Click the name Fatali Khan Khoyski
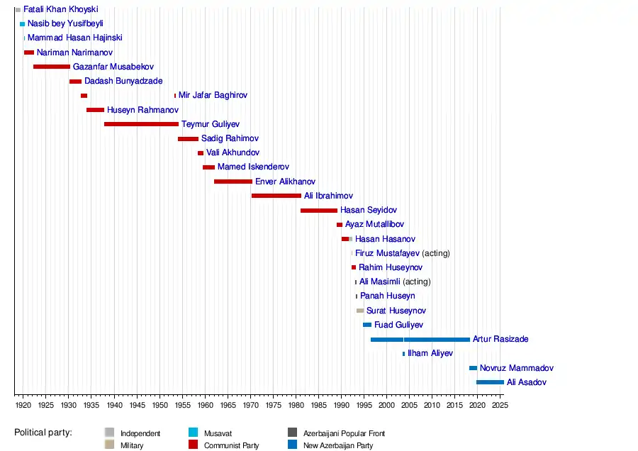coord(60,10)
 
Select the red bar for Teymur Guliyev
coord(141,124)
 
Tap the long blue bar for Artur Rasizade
coord(420,340)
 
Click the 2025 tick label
coord(500,406)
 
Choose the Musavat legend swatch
coord(193,433)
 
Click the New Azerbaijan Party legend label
coord(337,446)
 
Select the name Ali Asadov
coord(527,382)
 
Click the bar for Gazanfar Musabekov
coord(51,67)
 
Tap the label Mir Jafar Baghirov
coord(213,95)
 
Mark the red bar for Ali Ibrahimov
coord(276,196)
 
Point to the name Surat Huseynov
coord(396,311)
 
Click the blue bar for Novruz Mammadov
coord(473,368)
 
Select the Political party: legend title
coord(47,432)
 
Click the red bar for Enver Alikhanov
coord(233,182)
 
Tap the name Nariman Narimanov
coord(74,52)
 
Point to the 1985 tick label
coord(318,406)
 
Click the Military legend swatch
coord(109,445)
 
